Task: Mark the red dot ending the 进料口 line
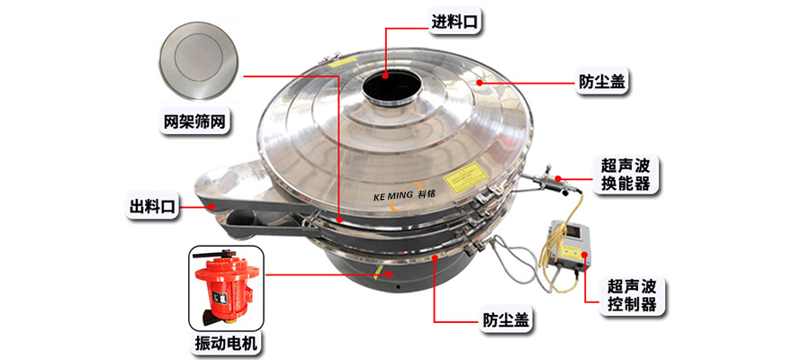388,76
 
